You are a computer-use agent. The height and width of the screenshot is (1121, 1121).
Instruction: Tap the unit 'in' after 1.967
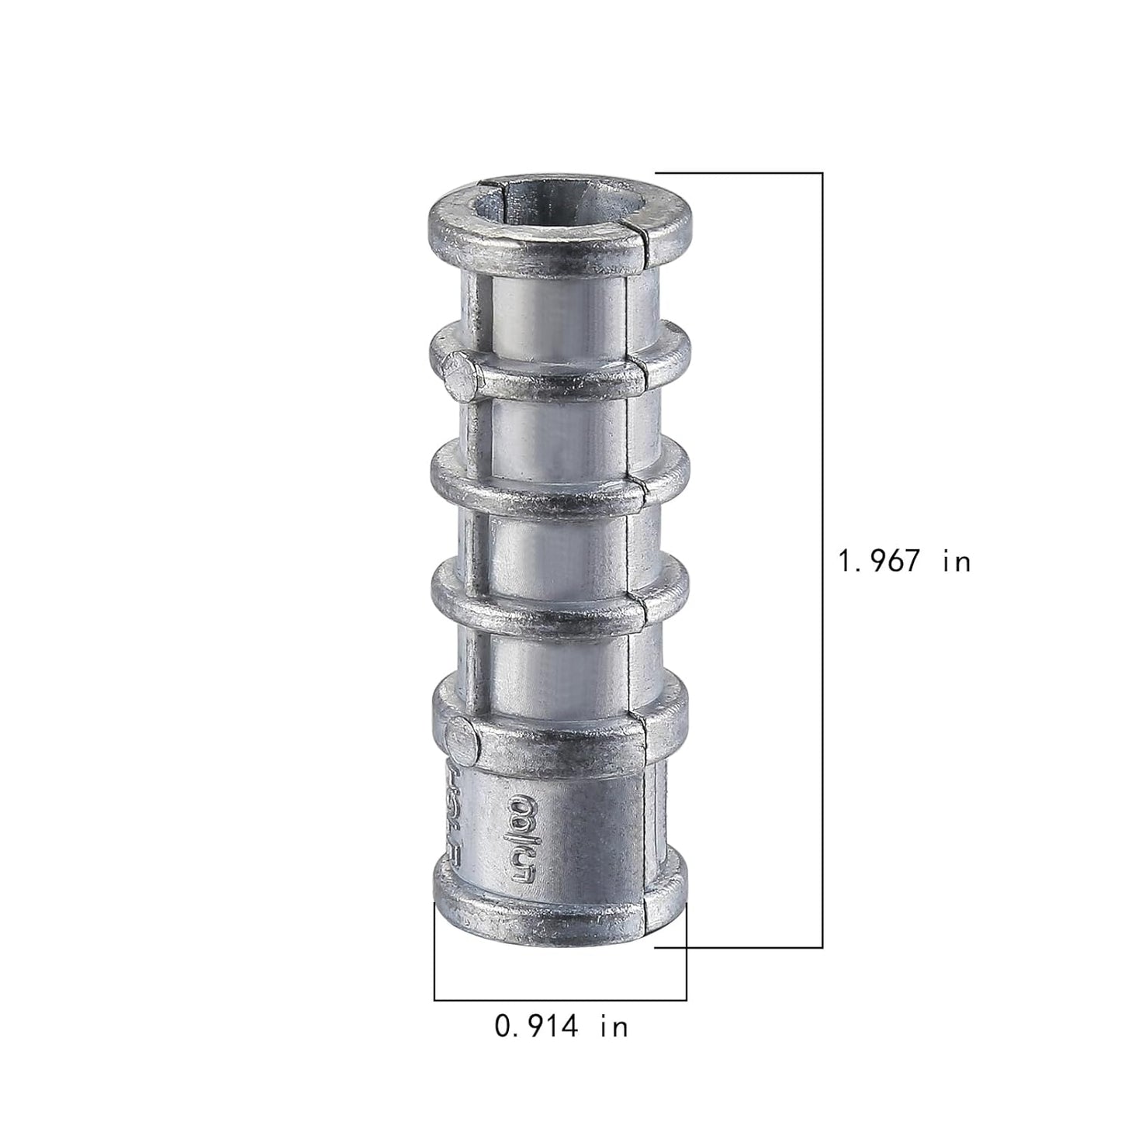[957, 561]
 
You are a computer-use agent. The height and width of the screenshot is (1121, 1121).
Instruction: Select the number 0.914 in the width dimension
[537, 1027]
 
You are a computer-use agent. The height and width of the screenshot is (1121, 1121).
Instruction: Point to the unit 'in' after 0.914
[613, 1027]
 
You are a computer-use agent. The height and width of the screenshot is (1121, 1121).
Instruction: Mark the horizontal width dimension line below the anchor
[560, 1000]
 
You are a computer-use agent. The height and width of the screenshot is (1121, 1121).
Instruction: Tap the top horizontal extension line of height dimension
[737, 172]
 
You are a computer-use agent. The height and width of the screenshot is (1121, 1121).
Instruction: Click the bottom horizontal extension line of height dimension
[737, 947]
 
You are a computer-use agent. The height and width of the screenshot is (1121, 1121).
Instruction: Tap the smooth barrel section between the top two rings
[559, 299]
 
